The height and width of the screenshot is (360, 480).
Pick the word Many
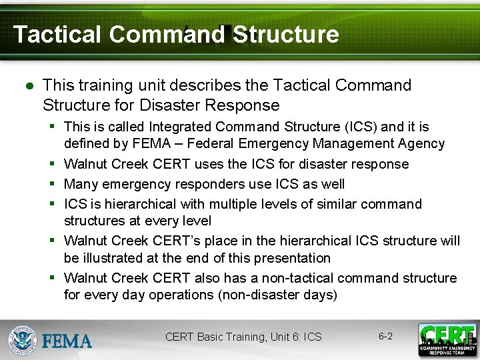[x=81, y=184]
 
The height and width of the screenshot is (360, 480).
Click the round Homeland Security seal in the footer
[x=23, y=339]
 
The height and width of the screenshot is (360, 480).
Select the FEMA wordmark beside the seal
[x=67, y=341]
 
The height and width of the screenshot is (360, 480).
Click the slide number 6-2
[x=385, y=337]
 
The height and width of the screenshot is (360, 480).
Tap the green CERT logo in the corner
[x=447, y=339]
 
